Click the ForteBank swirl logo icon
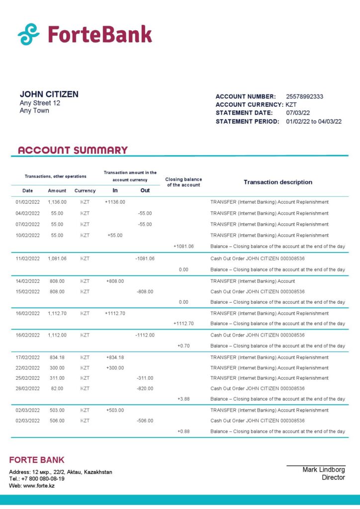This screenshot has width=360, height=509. (28, 34)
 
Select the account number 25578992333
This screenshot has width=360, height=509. (304, 96)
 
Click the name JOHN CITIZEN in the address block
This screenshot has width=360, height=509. (49, 94)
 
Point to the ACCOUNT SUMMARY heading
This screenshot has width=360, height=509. (73, 150)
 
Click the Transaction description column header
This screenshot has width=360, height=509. (278, 182)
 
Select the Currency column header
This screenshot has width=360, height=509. (85, 191)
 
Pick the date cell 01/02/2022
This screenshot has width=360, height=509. (27, 202)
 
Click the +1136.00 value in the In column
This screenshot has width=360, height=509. (115, 202)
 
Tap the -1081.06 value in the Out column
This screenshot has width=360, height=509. (145, 258)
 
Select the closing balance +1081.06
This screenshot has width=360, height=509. (183, 247)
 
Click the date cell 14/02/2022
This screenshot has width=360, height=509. (27, 281)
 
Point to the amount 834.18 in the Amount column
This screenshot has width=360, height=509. (57, 357)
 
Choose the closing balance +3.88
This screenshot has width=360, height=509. (183, 399)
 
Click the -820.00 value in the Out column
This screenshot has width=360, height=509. (145, 389)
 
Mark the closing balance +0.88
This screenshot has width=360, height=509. (183, 431)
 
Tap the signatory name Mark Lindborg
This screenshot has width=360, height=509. (323, 470)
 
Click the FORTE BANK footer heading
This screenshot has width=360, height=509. (37, 460)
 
